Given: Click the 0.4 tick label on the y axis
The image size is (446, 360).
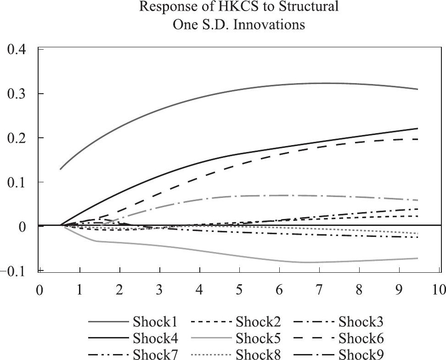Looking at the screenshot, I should pos(19,50).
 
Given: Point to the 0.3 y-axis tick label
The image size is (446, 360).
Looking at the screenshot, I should pos(19,94).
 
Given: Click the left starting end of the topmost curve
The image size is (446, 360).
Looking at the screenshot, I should pos(60,169).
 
